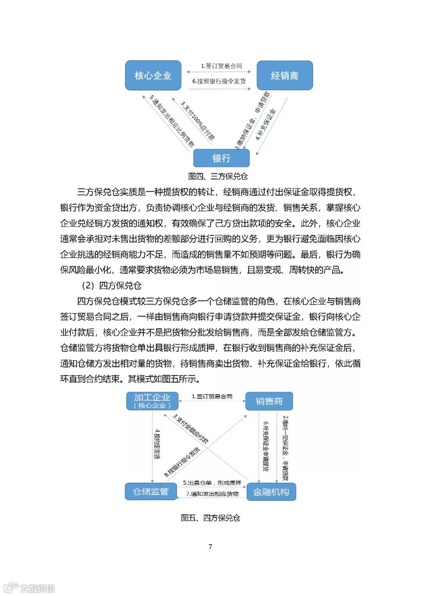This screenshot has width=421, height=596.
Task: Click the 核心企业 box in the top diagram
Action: pyautogui.click(x=153, y=75)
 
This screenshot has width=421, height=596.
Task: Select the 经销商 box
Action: pyautogui.click(x=285, y=75)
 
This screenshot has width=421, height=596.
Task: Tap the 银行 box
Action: pyautogui.click(x=221, y=158)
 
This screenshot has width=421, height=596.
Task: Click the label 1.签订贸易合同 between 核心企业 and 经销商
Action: pyautogui.click(x=221, y=66)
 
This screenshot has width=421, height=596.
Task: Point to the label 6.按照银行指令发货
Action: pyautogui.click(x=219, y=81)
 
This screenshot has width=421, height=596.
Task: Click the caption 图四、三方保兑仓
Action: pyautogui.click(x=218, y=176)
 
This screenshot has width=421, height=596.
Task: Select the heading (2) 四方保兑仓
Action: pyautogui.click(x=111, y=285)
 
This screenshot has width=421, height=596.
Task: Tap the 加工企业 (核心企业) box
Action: pyautogui.click(x=152, y=401)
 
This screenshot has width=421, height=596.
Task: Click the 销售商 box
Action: pyautogui.click(x=269, y=401)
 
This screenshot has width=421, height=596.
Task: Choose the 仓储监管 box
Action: pyautogui.click(x=150, y=491)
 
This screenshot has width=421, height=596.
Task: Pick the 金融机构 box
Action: pyautogui.click(x=271, y=492)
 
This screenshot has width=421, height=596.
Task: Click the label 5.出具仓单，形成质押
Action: pyautogui.click(x=212, y=483)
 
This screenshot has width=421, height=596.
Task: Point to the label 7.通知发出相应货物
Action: pyautogui.click(x=212, y=494)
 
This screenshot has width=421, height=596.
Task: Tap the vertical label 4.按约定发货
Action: pyautogui.click(x=157, y=444)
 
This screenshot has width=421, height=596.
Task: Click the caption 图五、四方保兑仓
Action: pyautogui.click(x=210, y=518)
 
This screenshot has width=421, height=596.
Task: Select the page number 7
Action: pyautogui.click(x=210, y=546)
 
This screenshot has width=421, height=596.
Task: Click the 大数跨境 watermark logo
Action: pyautogui.click(x=29, y=587)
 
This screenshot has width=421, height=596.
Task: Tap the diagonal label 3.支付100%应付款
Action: pyautogui.click(x=198, y=121)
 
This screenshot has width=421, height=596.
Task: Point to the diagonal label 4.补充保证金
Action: pyautogui.click(x=265, y=125)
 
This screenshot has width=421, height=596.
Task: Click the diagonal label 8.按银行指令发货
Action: pyautogui.click(x=182, y=462)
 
